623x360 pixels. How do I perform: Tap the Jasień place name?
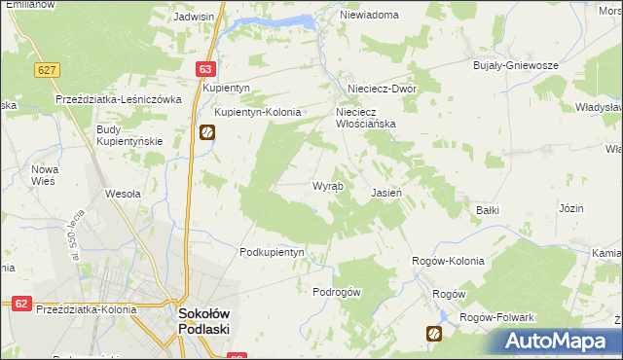tap(386, 193)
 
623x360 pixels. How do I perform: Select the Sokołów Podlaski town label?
tap(203, 321)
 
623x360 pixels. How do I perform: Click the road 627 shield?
tap(46, 70)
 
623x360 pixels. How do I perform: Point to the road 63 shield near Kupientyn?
tap(204, 69)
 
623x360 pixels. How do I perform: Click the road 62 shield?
tap(22, 304)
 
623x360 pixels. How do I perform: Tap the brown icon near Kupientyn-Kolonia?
tap(207, 133)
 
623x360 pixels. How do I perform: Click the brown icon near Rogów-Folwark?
tap(433, 334)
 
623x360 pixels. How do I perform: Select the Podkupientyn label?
tap(273, 252)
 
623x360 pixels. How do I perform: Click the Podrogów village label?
tap(337, 292)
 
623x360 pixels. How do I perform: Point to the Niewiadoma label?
tap(370, 16)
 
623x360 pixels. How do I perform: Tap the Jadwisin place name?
tap(194, 17)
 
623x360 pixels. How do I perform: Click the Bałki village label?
tap(488, 209)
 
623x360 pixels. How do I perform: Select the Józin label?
tap(571, 209)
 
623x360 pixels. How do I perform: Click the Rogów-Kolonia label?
tap(448, 261)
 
